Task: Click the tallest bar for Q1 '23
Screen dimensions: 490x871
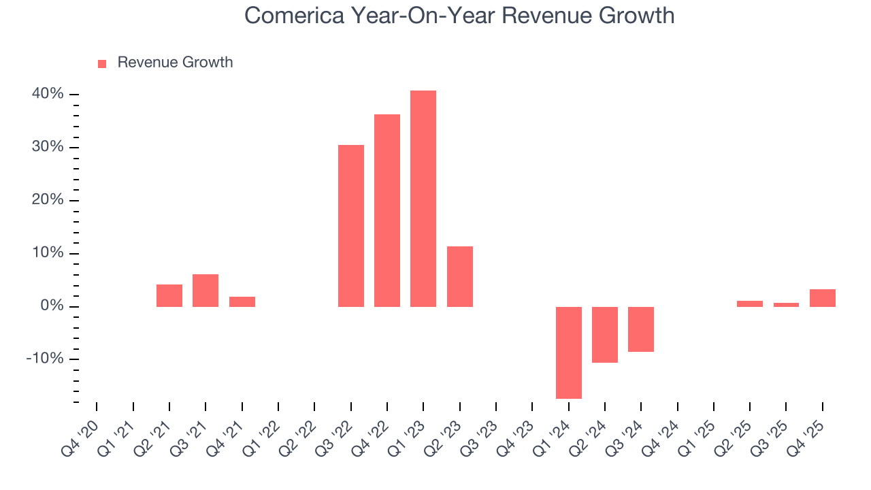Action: pos(423,199)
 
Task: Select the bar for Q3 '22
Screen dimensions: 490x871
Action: pos(351,226)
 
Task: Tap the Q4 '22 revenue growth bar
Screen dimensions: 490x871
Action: pos(387,210)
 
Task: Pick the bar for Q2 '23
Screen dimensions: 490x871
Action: pos(460,276)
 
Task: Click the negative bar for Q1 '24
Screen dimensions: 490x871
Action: pos(569,353)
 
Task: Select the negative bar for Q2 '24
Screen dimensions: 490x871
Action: pos(605,335)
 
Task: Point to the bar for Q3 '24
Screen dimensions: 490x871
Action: pos(641,329)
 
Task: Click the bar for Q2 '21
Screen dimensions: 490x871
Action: pos(169,295)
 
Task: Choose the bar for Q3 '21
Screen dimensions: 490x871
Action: pos(206,291)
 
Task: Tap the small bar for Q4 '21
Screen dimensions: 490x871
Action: pos(242,301)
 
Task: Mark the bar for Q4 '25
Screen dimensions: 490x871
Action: pos(823,298)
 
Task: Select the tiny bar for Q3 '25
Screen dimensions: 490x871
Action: pos(786,305)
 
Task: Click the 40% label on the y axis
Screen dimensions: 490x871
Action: pos(48,94)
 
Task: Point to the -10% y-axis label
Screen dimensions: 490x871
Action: pos(45,359)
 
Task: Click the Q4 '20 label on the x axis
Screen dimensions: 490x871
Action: pos(80,433)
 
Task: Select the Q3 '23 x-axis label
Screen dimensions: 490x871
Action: pos(480,433)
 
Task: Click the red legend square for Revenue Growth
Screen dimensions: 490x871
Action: pos(102,63)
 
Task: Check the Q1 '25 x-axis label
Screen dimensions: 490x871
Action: pos(697,433)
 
